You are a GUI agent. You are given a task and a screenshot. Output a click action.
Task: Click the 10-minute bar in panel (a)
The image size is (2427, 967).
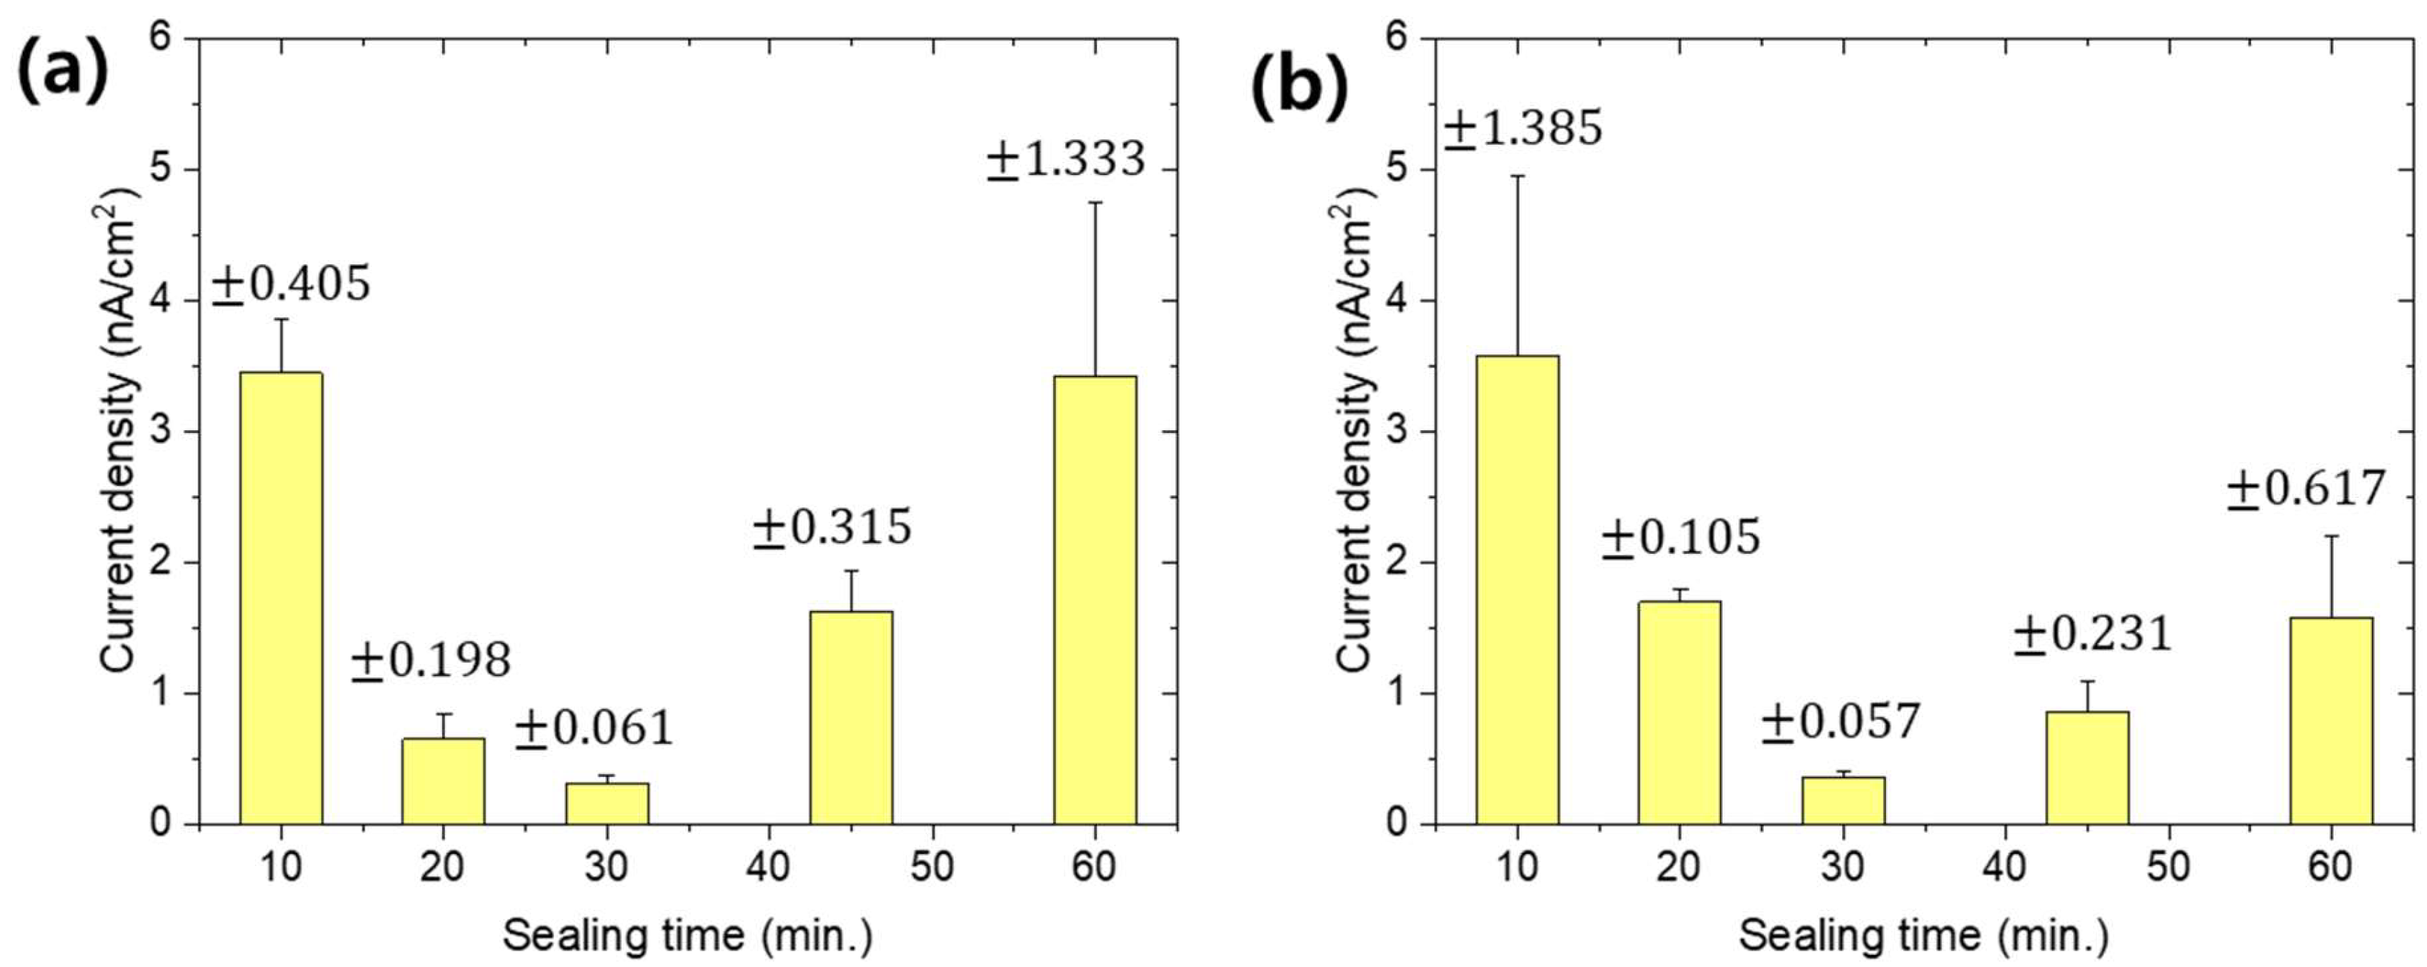pos(280,598)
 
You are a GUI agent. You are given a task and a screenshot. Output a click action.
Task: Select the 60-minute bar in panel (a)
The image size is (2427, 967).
pos(1095,600)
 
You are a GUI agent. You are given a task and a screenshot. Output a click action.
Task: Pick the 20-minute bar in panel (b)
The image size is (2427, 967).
pos(1679,713)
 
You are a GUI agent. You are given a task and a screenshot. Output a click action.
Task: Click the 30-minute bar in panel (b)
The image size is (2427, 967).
pos(1843,801)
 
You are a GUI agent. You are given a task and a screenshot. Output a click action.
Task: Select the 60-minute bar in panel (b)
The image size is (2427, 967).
pos(2331,722)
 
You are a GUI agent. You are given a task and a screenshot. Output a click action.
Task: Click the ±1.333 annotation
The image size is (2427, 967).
pos(1066,159)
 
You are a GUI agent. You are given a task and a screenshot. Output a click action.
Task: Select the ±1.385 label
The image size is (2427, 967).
pos(1524,128)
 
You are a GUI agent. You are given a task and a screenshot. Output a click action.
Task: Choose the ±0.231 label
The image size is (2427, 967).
pos(2092,634)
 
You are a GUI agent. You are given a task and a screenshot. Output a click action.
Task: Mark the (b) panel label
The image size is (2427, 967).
pos(1299,90)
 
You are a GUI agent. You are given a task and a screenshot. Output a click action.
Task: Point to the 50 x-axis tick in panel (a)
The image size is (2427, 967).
pos(932,866)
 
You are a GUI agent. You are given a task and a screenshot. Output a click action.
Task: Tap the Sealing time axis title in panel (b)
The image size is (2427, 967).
pos(1923,935)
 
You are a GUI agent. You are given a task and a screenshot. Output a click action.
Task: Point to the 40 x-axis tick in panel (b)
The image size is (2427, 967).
pos(2006,866)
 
